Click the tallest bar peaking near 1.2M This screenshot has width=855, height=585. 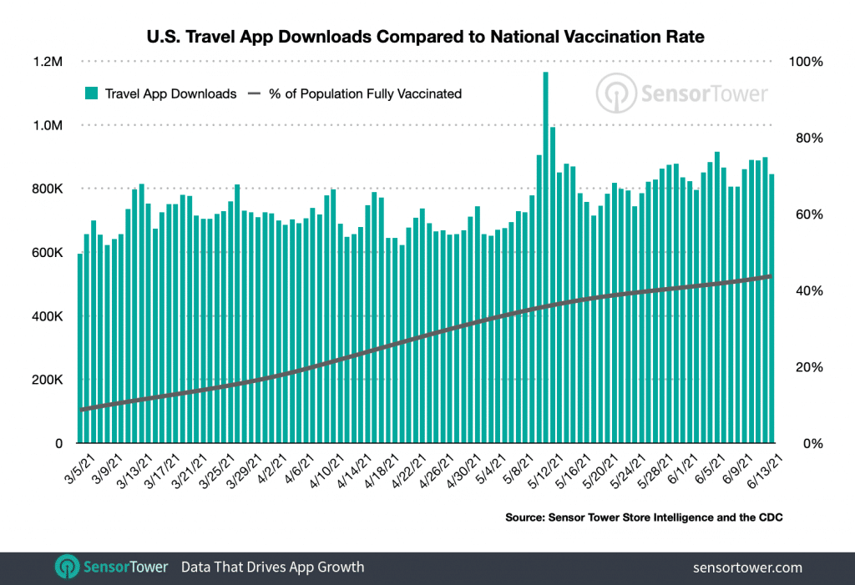pos(545,250)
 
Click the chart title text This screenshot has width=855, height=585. pos(427,37)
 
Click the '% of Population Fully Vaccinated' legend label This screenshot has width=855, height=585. pos(365,93)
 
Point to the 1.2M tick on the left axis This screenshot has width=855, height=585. pos(48,62)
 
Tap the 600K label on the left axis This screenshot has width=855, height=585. pos(47,253)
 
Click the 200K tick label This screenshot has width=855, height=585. pos(47,380)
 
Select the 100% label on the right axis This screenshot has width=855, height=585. pos(807,62)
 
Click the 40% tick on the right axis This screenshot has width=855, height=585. pos(804,290)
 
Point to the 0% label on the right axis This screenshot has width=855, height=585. pos(802,444)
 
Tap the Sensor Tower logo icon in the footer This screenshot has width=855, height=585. pos(66,567)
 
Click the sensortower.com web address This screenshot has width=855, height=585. pos(748,567)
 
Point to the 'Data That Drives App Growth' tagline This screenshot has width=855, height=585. pos(273,567)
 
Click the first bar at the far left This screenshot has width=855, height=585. pos(80,350)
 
